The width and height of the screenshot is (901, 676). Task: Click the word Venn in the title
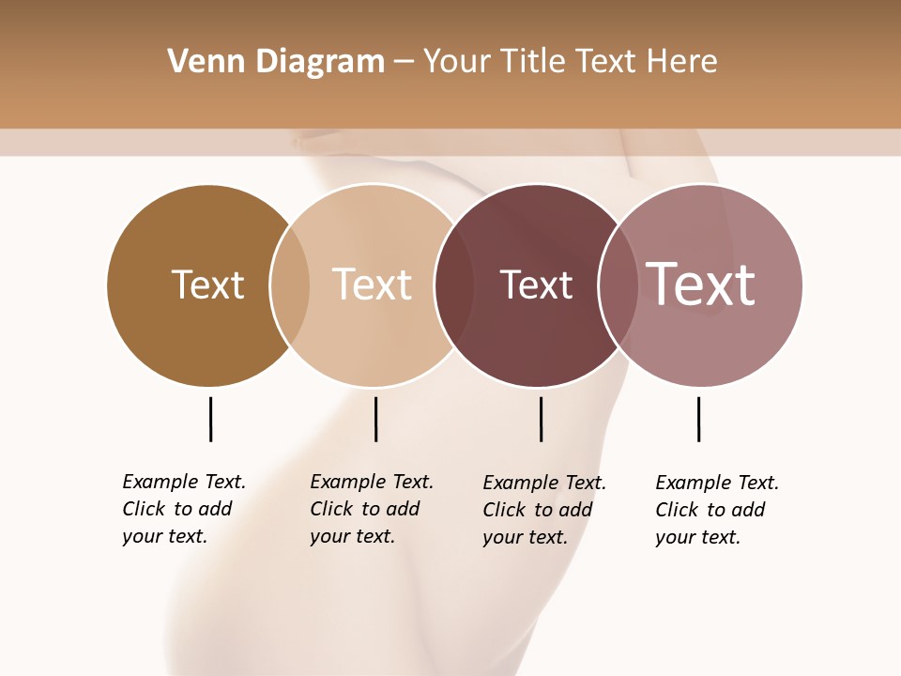pyautogui.click(x=199, y=62)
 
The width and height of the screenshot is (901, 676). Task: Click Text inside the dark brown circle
pyautogui.click(x=207, y=284)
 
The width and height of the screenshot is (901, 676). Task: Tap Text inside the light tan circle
pyautogui.click(x=372, y=284)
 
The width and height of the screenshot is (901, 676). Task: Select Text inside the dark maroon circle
pyautogui.click(x=536, y=285)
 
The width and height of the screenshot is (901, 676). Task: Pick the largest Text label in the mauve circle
pyautogui.click(x=700, y=284)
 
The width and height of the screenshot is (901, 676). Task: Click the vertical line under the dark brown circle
pyautogui.click(x=210, y=419)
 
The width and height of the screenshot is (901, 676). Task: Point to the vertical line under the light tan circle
pyautogui.click(x=375, y=419)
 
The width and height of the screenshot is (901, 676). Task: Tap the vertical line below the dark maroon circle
pyautogui.click(x=541, y=419)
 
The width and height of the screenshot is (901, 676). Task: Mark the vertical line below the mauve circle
pyautogui.click(x=698, y=419)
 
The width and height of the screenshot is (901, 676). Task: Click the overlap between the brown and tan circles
pyautogui.click(x=290, y=285)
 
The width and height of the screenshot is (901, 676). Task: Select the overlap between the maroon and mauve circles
pyautogui.click(x=617, y=285)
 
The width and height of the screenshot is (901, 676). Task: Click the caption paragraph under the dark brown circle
pyautogui.click(x=184, y=509)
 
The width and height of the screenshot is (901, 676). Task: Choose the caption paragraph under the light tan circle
pyautogui.click(x=372, y=509)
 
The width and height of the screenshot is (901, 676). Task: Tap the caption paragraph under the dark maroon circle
pyautogui.click(x=544, y=510)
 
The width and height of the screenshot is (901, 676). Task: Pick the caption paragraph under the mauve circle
pyautogui.click(x=717, y=510)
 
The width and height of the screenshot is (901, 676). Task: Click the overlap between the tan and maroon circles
pyautogui.click(x=453, y=285)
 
